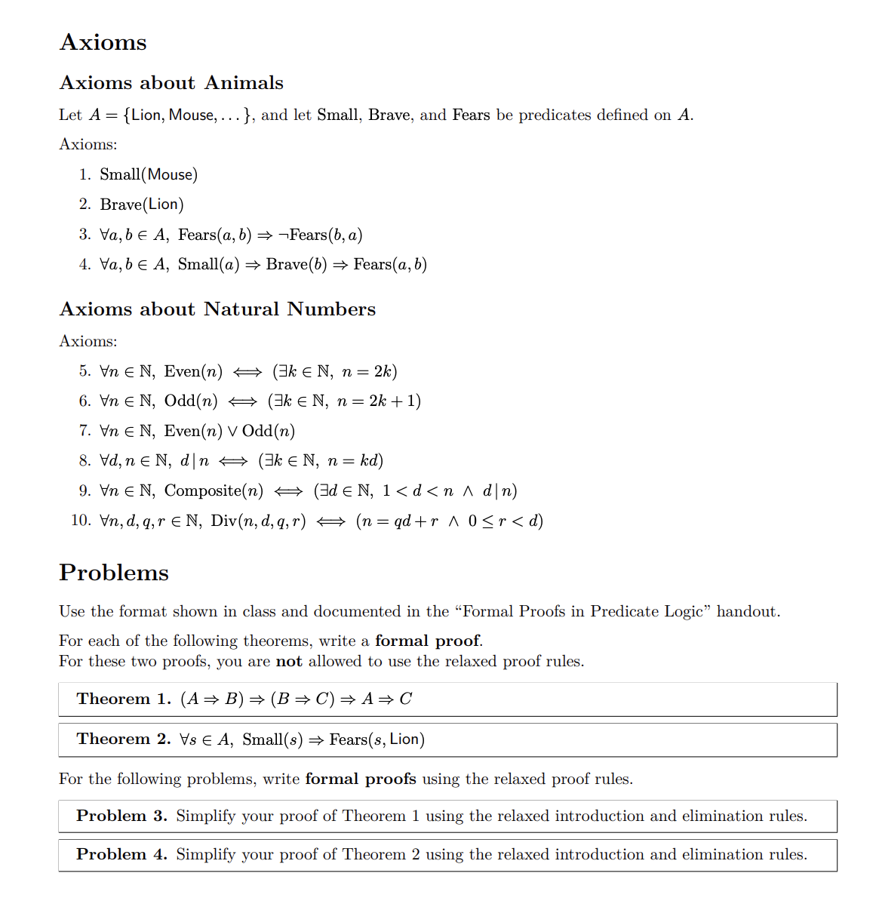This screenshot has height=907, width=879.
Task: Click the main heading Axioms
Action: (x=103, y=42)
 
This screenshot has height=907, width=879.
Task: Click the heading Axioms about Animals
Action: (x=171, y=83)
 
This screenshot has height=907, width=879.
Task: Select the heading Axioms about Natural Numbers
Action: (x=217, y=309)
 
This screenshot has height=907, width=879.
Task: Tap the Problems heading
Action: (x=113, y=573)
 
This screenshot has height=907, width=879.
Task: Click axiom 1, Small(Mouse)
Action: (x=149, y=175)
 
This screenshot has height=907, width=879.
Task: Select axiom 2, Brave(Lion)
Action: (x=142, y=204)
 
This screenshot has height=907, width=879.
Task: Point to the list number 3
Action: (x=85, y=235)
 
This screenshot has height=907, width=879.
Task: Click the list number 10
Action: (x=81, y=521)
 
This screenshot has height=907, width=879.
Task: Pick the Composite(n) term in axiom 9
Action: (x=214, y=491)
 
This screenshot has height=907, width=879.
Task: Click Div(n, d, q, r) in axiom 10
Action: (x=258, y=521)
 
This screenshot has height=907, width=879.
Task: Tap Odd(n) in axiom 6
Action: (x=191, y=401)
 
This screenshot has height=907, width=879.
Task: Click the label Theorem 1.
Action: (x=124, y=699)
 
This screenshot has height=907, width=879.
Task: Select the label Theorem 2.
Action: (x=124, y=739)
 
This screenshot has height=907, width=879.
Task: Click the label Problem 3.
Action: (x=121, y=816)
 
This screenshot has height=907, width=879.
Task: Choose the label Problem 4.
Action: (x=121, y=855)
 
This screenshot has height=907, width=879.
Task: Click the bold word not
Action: (x=289, y=662)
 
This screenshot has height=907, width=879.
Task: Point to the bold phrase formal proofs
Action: (x=360, y=779)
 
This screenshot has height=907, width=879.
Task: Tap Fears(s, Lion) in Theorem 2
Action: (x=376, y=739)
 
